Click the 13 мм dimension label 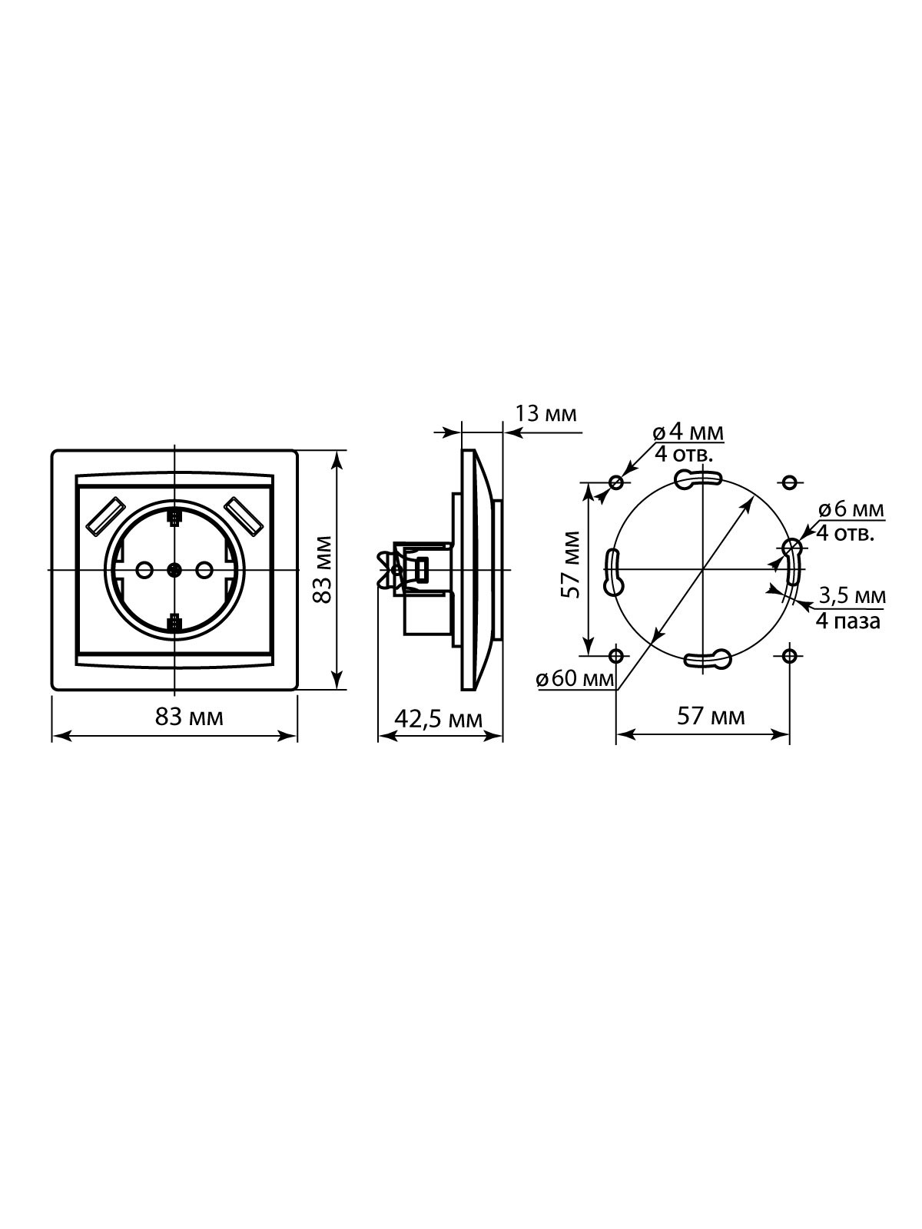(546, 414)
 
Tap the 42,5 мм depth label (438, 718)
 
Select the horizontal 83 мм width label (189, 717)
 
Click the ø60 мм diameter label (575, 680)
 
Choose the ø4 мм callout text (688, 432)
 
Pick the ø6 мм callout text (851, 509)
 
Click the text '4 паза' (848, 621)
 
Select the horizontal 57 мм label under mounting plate (711, 717)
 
